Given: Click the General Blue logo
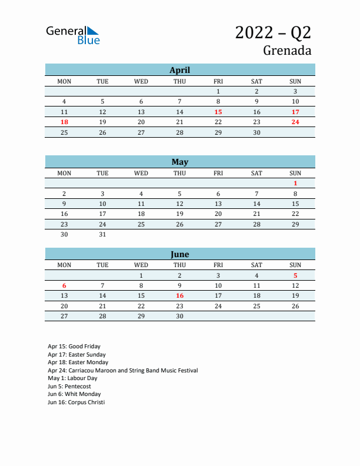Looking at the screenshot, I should [x=73, y=35].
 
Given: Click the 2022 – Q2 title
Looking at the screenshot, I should [x=273, y=32].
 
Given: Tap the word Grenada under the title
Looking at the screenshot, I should [x=287, y=51].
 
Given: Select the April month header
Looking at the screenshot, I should [x=179, y=70].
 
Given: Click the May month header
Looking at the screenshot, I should [x=179, y=162].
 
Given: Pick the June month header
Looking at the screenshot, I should [x=179, y=254].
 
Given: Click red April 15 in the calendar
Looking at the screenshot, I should [x=218, y=112].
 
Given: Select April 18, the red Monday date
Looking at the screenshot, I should [x=64, y=122].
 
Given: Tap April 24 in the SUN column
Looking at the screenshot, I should [x=295, y=122].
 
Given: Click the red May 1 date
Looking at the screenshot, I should [x=295, y=183].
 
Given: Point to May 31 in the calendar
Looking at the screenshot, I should [x=102, y=234].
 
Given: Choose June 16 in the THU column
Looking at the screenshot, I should [x=179, y=296].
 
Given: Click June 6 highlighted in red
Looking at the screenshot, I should [x=64, y=285].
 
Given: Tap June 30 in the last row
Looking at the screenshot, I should [x=179, y=316].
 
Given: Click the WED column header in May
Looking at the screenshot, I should [x=141, y=173].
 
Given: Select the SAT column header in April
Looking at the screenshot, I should [x=256, y=81].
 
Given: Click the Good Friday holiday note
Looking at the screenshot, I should [x=74, y=347].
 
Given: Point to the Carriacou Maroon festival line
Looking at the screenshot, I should [x=122, y=371].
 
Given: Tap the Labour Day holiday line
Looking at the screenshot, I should [x=72, y=378].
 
